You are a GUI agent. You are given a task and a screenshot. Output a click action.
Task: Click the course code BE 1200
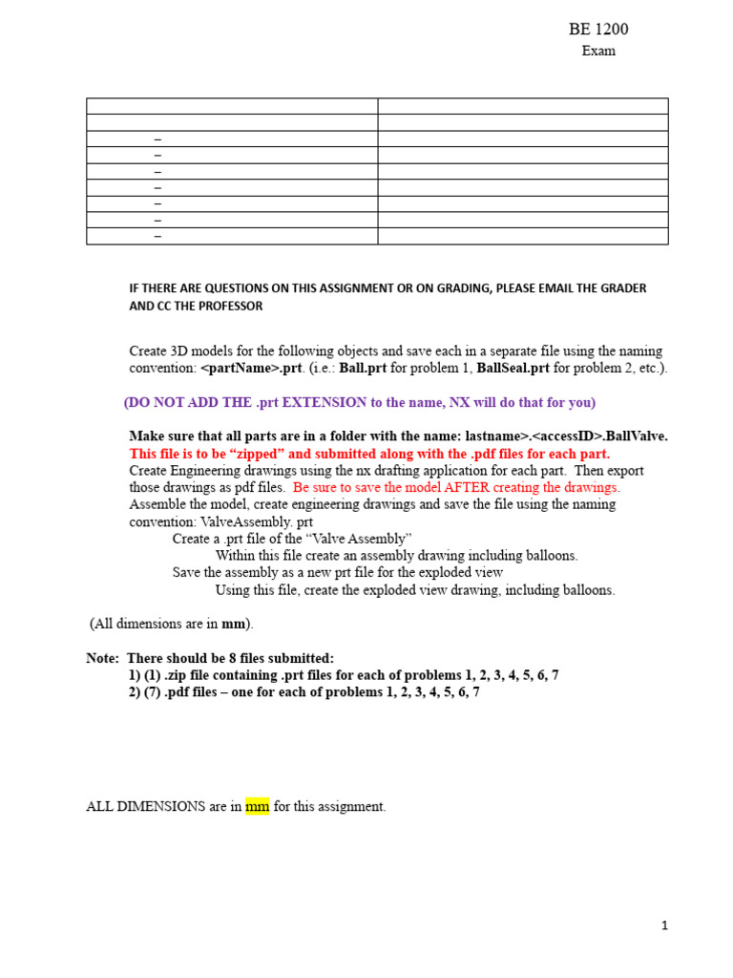[598, 30]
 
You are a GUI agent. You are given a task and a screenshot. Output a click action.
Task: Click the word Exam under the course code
[598, 51]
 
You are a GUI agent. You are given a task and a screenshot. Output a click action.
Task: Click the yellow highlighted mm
[258, 806]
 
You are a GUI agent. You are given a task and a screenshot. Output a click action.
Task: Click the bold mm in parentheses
[234, 624]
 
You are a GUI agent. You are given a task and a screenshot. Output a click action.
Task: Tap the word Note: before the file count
[103, 658]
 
